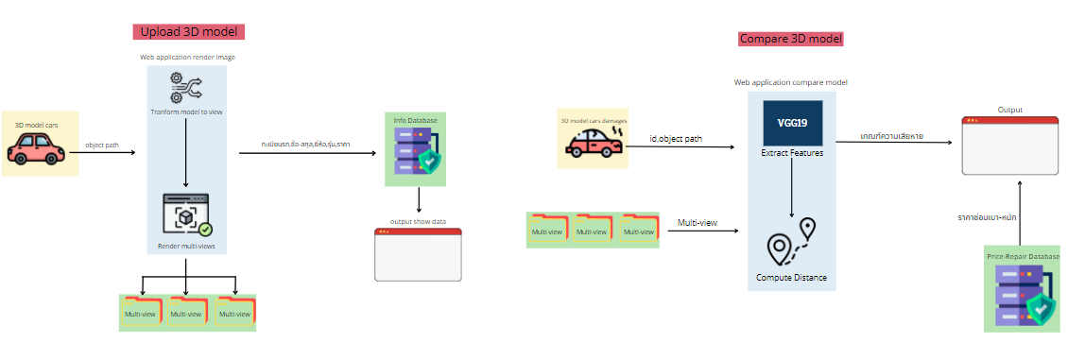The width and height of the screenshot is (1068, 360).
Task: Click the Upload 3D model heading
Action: (x=189, y=31)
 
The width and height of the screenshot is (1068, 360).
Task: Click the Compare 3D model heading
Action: (x=790, y=39)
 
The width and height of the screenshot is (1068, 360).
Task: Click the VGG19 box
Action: (x=793, y=123)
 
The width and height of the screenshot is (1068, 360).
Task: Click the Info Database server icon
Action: (x=417, y=152)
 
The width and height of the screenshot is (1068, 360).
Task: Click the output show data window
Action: (x=418, y=254)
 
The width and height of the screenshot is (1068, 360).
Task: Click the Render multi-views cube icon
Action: (x=186, y=216)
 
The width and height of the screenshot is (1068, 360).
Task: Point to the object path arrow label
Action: (x=102, y=145)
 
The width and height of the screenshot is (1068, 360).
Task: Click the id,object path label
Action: (x=677, y=139)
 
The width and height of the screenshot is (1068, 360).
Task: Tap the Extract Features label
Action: (x=792, y=152)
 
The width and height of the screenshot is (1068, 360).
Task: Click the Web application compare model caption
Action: (x=790, y=82)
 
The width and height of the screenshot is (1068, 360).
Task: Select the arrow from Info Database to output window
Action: (x=418, y=199)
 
